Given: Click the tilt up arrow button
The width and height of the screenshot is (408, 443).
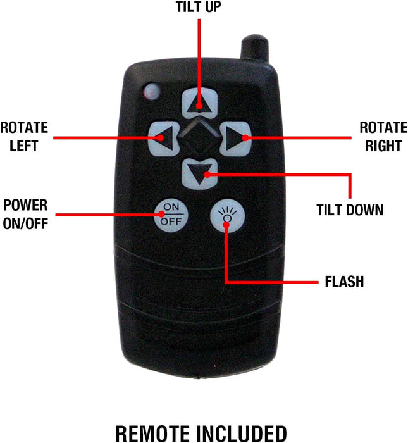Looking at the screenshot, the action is [200, 103].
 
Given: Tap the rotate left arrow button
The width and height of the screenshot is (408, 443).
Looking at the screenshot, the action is [163, 139].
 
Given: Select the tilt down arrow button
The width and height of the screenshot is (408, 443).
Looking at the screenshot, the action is [200, 174].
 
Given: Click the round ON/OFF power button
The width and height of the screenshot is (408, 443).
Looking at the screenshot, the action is [171, 215].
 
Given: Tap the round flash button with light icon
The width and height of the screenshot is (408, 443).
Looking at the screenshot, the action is [227, 216].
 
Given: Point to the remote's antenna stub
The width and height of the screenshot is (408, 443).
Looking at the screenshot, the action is [254, 47].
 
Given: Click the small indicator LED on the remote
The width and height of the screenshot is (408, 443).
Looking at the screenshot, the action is [152, 91].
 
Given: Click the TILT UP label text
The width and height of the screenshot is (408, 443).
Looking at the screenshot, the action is [199, 7].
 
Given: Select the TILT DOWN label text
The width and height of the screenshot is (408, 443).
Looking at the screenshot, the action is [350, 210].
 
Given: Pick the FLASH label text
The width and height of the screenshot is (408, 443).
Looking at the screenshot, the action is [344, 282].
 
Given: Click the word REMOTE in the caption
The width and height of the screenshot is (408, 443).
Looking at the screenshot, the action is [152, 434].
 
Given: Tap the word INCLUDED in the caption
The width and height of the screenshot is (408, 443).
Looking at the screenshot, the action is [242, 434].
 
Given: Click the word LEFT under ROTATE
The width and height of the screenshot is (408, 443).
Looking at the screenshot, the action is [23, 146].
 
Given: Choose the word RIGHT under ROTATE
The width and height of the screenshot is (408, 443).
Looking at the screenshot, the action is [383, 146].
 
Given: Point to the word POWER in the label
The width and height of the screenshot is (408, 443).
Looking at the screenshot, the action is [25, 205].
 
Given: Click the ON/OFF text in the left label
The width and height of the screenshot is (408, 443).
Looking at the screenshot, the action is [25, 223].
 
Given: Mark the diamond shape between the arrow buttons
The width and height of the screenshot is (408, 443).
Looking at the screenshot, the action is [199, 139].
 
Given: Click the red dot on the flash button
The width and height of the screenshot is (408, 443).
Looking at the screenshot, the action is [226, 225].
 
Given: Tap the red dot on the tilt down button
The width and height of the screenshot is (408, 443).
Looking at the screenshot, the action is [207, 175].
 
